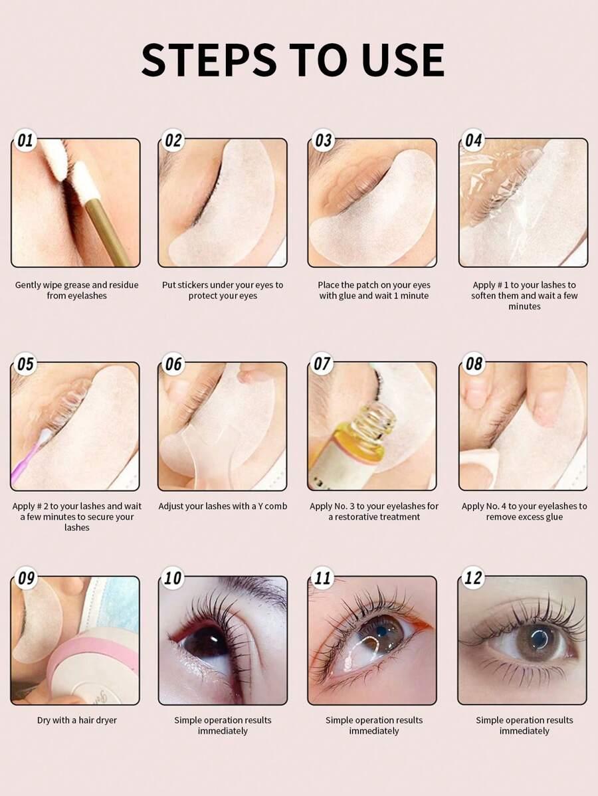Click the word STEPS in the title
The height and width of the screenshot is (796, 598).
pyautogui.click(x=209, y=60)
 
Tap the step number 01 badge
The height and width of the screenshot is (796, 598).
pyautogui.click(x=25, y=140)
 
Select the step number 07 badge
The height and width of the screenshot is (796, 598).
pyautogui.click(x=322, y=363)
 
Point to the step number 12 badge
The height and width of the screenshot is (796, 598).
pyautogui.click(x=472, y=577)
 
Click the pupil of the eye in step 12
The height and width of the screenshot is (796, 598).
pyautogui.click(x=539, y=638)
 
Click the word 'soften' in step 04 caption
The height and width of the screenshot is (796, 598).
pyautogui.click(x=483, y=296)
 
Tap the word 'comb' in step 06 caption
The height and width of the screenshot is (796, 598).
pyautogui.click(x=276, y=506)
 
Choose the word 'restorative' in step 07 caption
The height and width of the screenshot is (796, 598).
pyautogui.click(x=377, y=517)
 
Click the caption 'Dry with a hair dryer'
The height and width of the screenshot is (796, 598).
pyautogui.click(x=76, y=720)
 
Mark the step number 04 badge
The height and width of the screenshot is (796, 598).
pyautogui.click(x=473, y=140)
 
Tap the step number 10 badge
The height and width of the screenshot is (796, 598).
pyautogui.click(x=173, y=577)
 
